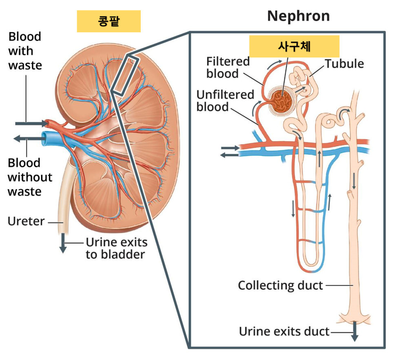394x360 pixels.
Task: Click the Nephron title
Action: [x=298, y=16]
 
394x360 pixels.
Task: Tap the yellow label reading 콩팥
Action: [x=108, y=21]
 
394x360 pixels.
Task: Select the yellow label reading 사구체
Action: [x=294, y=46]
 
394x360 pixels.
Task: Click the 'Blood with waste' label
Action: [x=25, y=51]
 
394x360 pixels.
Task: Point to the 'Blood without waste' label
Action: [x=30, y=177]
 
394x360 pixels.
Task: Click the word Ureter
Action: [x=26, y=221]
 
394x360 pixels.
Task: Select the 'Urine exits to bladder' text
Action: [x=116, y=248]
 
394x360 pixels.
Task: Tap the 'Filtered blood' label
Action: [x=228, y=67]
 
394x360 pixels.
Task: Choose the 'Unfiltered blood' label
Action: [x=225, y=100]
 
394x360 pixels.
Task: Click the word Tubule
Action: [x=344, y=63]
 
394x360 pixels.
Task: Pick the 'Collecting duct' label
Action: [x=280, y=285]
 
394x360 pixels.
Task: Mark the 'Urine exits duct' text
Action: [x=284, y=331]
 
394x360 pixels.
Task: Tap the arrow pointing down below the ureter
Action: [x=63, y=243]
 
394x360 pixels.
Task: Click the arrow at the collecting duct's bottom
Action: [x=354, y=331]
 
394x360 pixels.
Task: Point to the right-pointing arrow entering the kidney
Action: [x=31, y=123]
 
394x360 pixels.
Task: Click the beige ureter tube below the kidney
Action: [x=63, y=204]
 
